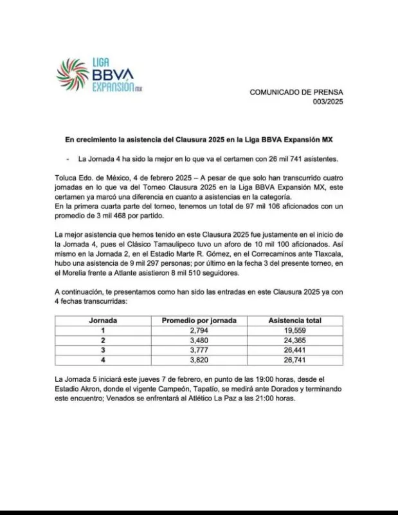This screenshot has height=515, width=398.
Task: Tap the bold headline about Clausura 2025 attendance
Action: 199,139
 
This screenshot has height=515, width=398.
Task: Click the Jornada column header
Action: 102,321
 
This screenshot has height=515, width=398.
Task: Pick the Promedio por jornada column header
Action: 199,321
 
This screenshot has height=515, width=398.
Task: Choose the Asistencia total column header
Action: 295,321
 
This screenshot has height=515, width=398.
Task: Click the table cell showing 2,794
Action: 199,331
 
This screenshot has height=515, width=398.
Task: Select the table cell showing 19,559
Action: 295,331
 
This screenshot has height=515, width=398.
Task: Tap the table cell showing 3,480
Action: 199,341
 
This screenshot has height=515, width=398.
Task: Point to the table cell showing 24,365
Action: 295,341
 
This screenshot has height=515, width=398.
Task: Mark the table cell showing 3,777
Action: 199,350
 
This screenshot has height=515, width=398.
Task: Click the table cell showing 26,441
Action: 295,350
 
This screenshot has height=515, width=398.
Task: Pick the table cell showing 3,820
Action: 199,360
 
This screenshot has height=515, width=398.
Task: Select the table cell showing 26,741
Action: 295,360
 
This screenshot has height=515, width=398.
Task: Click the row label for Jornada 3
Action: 102,350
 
